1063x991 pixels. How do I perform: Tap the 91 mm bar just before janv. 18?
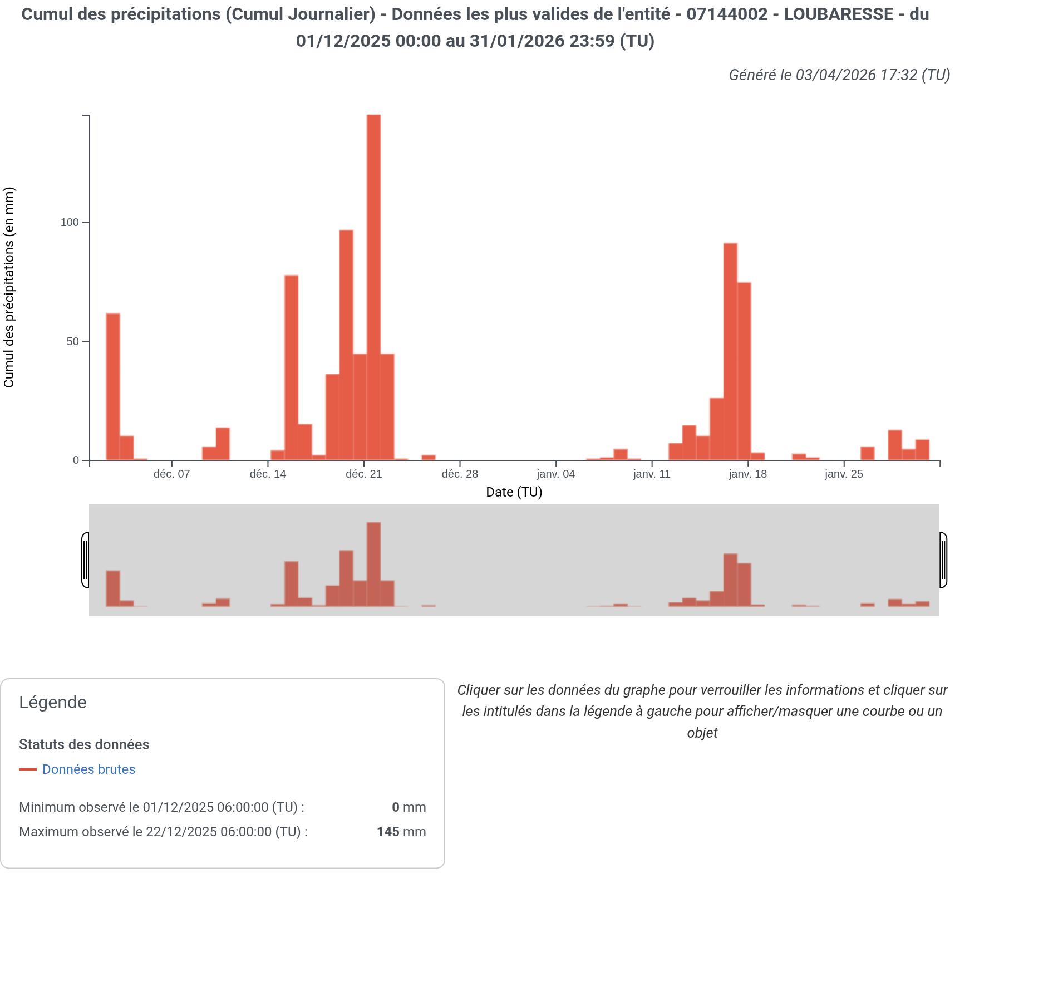point(730,351)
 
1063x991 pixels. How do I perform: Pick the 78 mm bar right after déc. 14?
point(291,367)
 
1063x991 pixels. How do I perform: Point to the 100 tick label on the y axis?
point(70,223)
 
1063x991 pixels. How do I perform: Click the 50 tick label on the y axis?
point(72,342)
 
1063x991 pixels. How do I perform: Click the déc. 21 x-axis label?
point(363,474)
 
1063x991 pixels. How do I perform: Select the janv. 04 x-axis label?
point(555,474)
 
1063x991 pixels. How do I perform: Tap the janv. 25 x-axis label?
point(844,474)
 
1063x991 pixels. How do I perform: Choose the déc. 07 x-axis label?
point(171,474)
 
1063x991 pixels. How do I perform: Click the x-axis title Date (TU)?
point(514,492)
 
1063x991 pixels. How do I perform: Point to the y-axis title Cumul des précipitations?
point(9,287)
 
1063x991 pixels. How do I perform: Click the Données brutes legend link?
point(88,769)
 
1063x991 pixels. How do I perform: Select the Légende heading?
point(53,703)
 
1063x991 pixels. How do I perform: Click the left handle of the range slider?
point(85,560)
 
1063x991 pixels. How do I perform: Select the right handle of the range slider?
point(943,560)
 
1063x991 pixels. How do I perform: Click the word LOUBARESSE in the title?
point(839,14)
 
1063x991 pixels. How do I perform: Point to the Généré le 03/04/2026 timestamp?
point(839,75)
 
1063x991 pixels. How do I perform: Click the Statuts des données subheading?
point(84,745)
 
